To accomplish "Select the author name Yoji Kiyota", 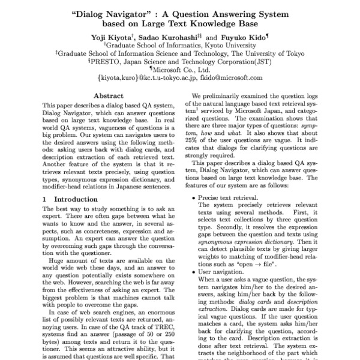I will tap(123, 37).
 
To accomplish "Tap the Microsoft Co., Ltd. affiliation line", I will tap(182, 70).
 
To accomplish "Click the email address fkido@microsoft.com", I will tap(230, 78).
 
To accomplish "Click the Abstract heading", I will tap(110, 96).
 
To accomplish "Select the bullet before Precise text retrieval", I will tap(193, 197).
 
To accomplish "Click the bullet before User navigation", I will tap(193, 271).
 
